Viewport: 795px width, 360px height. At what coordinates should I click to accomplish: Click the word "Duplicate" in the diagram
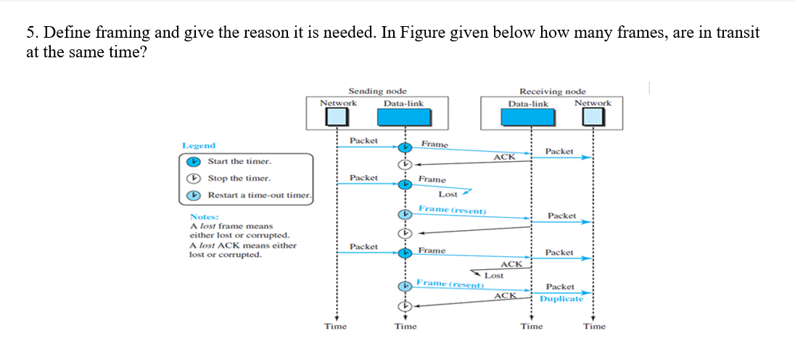561,299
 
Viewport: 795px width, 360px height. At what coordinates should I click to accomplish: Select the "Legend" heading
198,146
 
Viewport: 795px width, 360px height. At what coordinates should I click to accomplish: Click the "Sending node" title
377,91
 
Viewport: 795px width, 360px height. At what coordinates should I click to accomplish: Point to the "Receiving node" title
552,91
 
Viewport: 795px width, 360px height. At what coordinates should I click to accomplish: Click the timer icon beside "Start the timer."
193,161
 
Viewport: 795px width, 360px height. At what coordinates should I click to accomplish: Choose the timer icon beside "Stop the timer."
193,179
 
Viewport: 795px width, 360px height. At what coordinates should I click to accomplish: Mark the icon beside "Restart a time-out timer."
193,195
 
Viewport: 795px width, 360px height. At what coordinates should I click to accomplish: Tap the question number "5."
32,33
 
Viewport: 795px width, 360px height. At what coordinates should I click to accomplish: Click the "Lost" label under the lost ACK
494,276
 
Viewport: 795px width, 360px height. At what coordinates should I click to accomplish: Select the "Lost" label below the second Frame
448,195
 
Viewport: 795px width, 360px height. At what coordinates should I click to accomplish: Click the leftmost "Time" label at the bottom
335,327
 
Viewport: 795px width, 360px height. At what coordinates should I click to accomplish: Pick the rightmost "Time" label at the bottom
594,327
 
